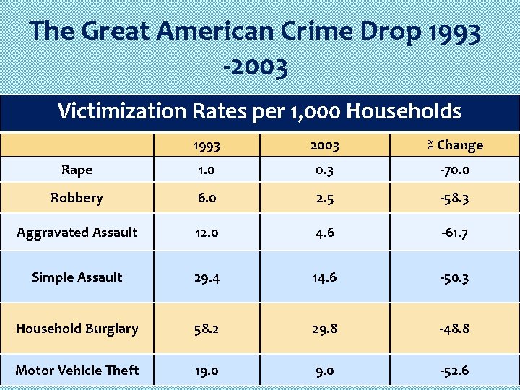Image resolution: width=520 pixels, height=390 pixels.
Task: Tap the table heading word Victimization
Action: tap(119, 111)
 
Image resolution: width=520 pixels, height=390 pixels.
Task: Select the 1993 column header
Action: tap(207, 145)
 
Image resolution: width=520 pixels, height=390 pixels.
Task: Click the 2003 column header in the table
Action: tap(324, 145)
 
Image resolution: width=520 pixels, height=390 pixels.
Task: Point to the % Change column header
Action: tap(454, 145)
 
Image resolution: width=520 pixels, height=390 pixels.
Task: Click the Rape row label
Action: tap(77, 170)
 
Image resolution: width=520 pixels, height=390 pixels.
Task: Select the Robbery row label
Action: tap(77, 197)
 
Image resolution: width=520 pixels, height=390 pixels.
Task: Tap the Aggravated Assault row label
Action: tap(77, 232)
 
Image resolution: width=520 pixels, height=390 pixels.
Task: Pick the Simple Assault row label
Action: tap(77, 277)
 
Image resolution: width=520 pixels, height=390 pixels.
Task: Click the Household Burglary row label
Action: tap(77, 328)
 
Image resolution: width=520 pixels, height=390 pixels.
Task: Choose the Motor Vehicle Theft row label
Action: tap(77, 370)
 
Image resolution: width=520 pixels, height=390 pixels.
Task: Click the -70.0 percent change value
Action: tap(454, 170)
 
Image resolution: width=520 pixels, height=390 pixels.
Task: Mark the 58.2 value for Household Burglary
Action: tap(207, 329)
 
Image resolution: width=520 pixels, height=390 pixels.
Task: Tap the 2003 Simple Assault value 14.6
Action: tap(324, 277)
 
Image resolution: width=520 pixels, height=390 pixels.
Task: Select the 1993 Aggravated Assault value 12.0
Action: tap(207, 233)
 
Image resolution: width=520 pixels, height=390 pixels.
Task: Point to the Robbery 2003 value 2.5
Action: tap(324, 198)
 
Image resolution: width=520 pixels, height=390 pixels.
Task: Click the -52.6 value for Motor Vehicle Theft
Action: tap(454, 370)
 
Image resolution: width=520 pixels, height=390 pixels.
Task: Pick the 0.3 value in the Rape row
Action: tap(324, 170)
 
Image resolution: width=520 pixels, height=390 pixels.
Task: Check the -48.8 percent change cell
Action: tap(454, 329)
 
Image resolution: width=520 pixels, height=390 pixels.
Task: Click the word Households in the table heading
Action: tap(404, 111)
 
